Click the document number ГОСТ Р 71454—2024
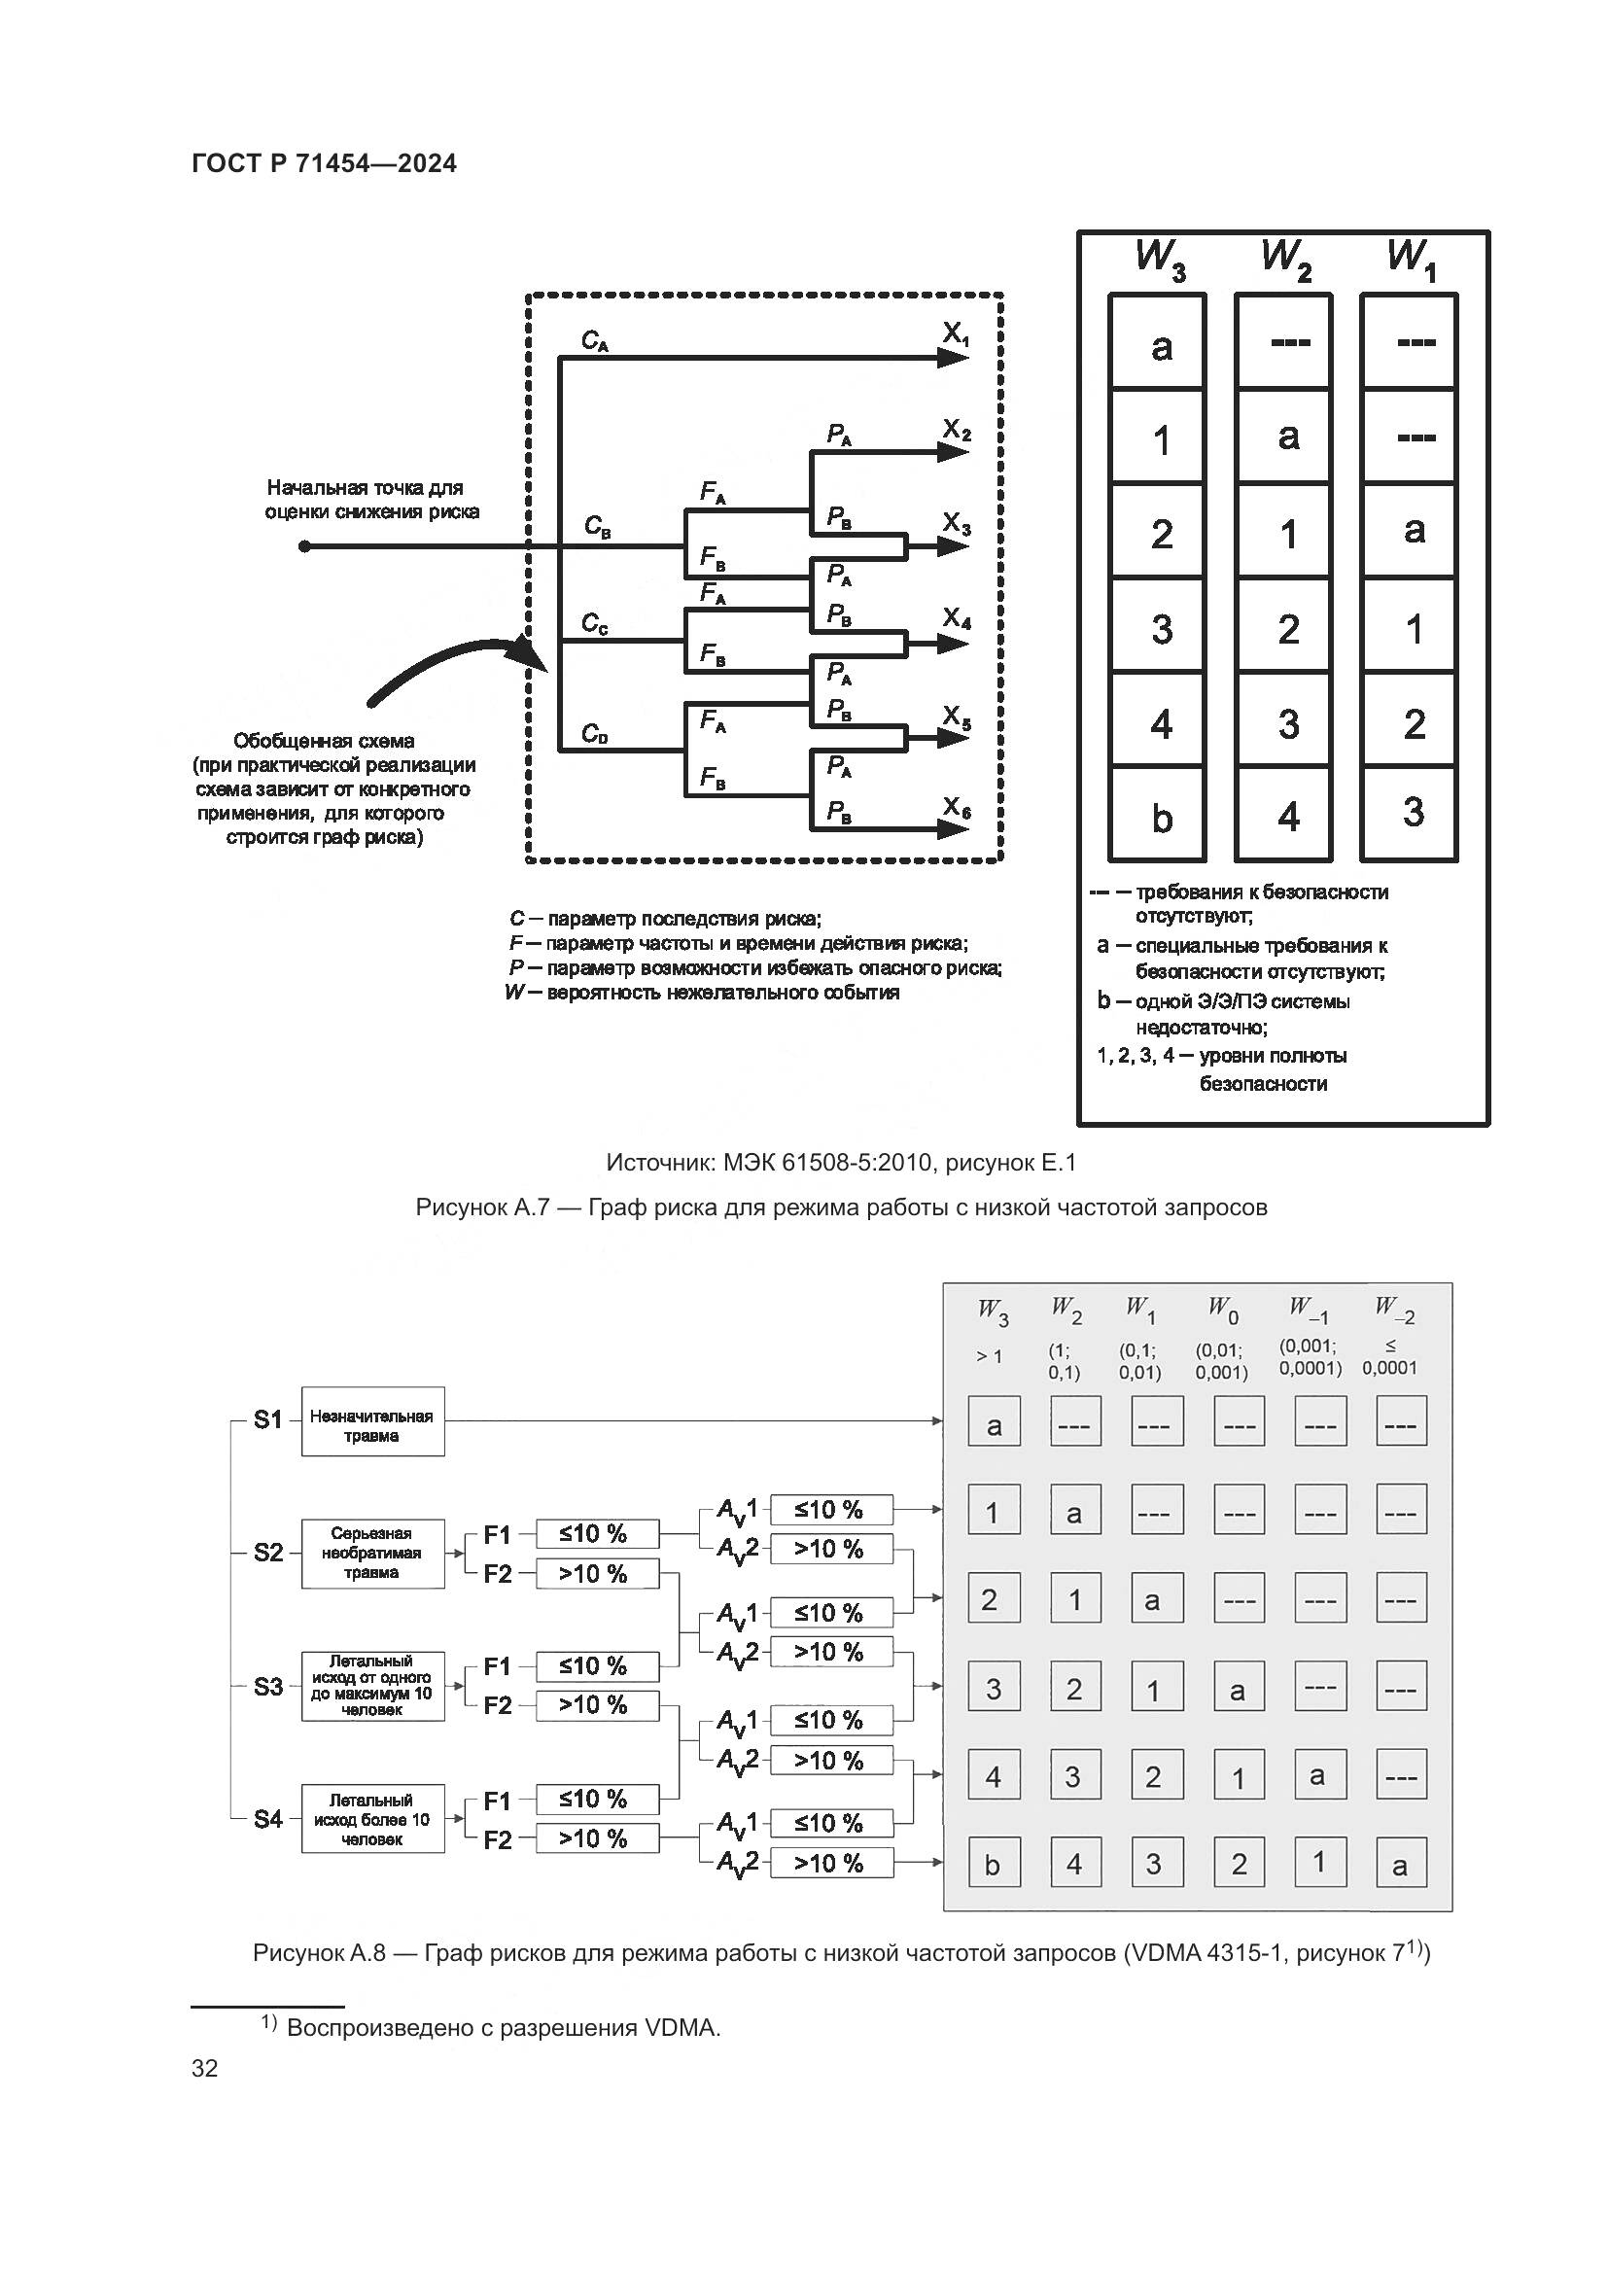tap(324, 163)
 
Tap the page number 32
tap(205, 2069)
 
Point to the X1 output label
tap(956, 335)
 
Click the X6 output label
tap(956, 809)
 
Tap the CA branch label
tap(594, 341)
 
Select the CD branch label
tap(594, 734)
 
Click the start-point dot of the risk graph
tap(305, 545)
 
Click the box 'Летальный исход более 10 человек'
tap(372, 1819)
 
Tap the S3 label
tap(268, 1686)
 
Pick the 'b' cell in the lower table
tap(993, 1866)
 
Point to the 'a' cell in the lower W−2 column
tap(1400, 1866)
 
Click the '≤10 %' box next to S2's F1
tap(596, 1533)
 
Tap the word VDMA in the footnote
tap(682, 2019)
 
